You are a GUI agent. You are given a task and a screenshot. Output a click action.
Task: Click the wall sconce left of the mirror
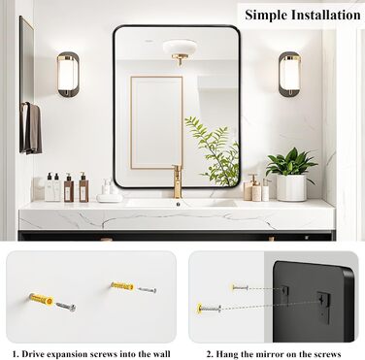coord(68,75)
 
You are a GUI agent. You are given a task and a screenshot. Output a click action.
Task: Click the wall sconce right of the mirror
coord(289,74)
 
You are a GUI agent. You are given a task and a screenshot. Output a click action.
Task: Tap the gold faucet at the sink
coord(178,181)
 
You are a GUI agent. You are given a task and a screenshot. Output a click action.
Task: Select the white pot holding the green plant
coord(291,187)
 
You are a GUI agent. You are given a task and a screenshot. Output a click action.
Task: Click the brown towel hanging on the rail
coord(32,128)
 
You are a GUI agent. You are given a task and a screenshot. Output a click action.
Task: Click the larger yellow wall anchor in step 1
coord(41,299)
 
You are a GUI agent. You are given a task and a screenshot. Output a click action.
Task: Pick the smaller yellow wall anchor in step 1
coord(122,286)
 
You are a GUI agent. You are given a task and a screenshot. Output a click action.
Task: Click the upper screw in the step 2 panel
coord(240,287)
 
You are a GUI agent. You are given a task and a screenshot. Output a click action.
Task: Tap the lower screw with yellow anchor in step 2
coord(209,309)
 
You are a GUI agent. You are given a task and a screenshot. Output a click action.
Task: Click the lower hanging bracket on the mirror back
coord(324,308)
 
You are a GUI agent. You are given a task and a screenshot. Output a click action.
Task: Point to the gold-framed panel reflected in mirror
coord(156,122)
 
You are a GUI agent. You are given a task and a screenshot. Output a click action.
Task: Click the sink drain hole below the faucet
coord(178,204)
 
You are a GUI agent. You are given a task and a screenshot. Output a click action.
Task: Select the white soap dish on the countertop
coord(110,198)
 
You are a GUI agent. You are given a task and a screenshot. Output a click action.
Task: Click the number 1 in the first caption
coord(16,354)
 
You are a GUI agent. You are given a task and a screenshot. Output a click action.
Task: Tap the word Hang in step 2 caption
coord(226,354)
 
